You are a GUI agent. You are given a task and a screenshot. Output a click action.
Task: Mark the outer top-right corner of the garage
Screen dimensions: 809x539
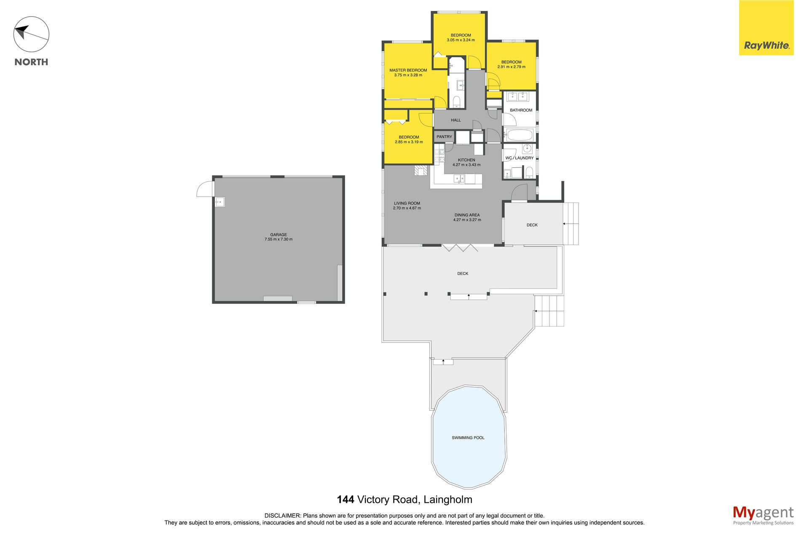pos(345,176)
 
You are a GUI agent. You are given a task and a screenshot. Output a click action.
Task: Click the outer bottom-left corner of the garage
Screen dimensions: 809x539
pos(212,303)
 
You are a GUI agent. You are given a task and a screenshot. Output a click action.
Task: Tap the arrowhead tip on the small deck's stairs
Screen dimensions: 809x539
pos(563,224)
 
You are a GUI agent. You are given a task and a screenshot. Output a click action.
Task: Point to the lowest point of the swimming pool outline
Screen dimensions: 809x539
pos(469,489)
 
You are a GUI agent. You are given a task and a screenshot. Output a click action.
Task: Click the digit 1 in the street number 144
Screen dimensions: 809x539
pos(340,500)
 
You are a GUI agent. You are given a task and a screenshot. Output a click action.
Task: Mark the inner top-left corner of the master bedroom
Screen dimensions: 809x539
pos(384,43)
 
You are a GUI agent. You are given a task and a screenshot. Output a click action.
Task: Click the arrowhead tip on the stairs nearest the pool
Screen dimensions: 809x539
pos(443,360)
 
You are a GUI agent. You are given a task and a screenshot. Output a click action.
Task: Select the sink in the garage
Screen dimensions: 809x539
pos(220,202)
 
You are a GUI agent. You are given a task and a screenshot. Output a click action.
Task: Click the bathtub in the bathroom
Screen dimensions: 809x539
pos(520,136)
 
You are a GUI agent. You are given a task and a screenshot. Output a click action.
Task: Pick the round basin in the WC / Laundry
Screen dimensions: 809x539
pos(527,148)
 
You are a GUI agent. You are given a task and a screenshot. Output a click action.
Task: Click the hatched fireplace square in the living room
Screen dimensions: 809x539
pos(421,170)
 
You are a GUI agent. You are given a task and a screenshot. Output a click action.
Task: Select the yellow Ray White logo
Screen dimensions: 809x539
pos(766,28)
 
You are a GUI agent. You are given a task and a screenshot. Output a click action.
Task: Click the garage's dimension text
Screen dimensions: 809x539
pos(279,239)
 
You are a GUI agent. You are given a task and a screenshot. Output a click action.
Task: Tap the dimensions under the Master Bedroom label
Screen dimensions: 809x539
pos(408,75)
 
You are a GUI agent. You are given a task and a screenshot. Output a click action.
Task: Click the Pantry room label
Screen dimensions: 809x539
pos(444,137)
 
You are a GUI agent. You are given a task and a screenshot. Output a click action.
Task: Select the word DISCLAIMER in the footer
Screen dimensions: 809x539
pos(283,515)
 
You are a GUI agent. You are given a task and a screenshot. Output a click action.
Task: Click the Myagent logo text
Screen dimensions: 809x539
pos(763,513)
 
